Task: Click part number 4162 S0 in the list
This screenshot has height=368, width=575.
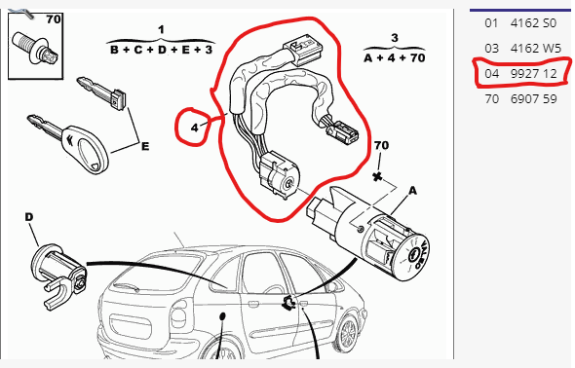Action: tap(533, 23)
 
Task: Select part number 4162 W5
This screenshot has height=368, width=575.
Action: tap(535, 48)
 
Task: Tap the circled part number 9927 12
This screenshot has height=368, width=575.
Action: tap(533, 74)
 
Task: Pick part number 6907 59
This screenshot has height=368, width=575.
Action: tap(533, 98)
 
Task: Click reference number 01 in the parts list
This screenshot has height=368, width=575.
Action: tap(491, 23)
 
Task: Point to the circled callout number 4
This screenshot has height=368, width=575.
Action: tap(194, 128)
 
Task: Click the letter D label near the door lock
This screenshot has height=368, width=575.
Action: tap(29, 217)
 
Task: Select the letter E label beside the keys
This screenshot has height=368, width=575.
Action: tap(145, 146)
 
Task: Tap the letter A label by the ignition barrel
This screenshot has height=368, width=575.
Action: tap(412, 191)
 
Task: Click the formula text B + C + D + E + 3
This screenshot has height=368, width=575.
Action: tap(162, 50)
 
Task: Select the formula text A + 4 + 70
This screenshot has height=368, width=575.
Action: tap(394, 57)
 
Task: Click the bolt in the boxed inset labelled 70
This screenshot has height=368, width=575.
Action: tap(35, 49)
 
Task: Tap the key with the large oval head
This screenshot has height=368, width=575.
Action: tap(70, 143)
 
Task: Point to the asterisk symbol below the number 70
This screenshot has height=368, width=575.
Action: tap(377, 177)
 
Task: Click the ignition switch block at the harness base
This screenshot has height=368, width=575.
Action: tap(279, 176)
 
